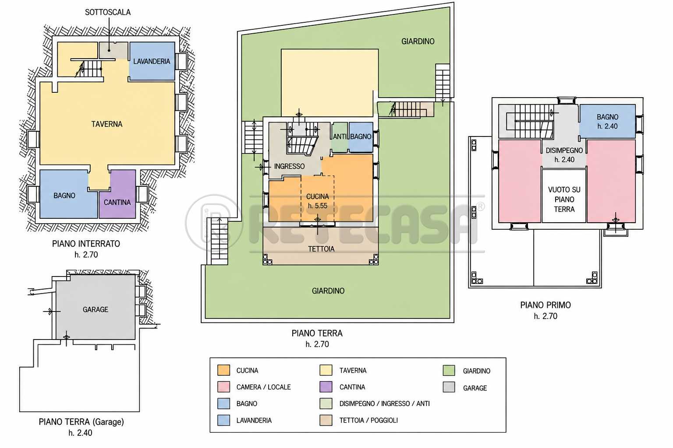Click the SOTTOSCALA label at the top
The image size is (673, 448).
[x=107, y=12]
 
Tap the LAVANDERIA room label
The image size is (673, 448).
[x=152, y=61]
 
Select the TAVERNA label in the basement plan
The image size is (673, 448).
[x=107, y=124]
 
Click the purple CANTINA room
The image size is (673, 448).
[x=117, y=194]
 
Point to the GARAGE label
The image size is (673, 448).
[x=96, y=309]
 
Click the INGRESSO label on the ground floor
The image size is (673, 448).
[x=289, y=166]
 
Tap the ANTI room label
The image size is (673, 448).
[x=340, y=136]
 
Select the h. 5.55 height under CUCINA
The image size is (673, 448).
[x=318, y=206]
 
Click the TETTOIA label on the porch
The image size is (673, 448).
[x=321, y=249]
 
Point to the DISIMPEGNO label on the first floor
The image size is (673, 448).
[x=564, y=150]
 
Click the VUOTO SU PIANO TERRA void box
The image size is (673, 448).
[x=564, y=196]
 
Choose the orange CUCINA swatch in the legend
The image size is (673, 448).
[x=223, y=370]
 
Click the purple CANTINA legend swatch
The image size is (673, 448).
[x=326, y=387]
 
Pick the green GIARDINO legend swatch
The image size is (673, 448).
[x=449, y=371]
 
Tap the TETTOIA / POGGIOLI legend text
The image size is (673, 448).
[x=368, y=420]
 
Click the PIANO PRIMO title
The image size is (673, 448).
[x=545, y=305]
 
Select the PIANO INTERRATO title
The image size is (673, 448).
[x=86, y=244]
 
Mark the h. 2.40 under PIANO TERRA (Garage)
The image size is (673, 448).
[x=80, y=433]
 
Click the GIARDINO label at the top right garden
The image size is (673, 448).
[x=418, y=42]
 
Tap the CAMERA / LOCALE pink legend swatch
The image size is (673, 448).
[x=223, y=387]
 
